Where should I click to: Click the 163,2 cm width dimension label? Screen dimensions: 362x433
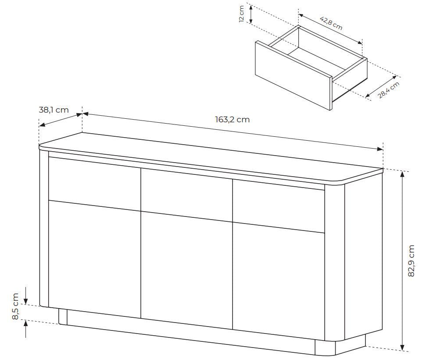tap(232, 119)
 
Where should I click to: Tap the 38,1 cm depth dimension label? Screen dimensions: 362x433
tap(54, 110)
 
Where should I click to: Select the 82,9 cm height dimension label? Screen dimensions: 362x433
tap(411, 260)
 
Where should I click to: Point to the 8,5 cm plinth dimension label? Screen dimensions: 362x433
tap(15, 306)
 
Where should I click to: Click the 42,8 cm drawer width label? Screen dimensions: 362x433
tap(331, 23)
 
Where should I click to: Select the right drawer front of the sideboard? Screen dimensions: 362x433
tap(278, 208)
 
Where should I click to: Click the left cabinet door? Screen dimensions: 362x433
tap(94, 256)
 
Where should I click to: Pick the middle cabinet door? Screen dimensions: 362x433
tap(186, 270)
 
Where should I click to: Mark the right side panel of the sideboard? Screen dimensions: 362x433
tap(363, 259)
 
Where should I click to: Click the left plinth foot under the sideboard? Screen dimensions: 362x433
tap(63, 317)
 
